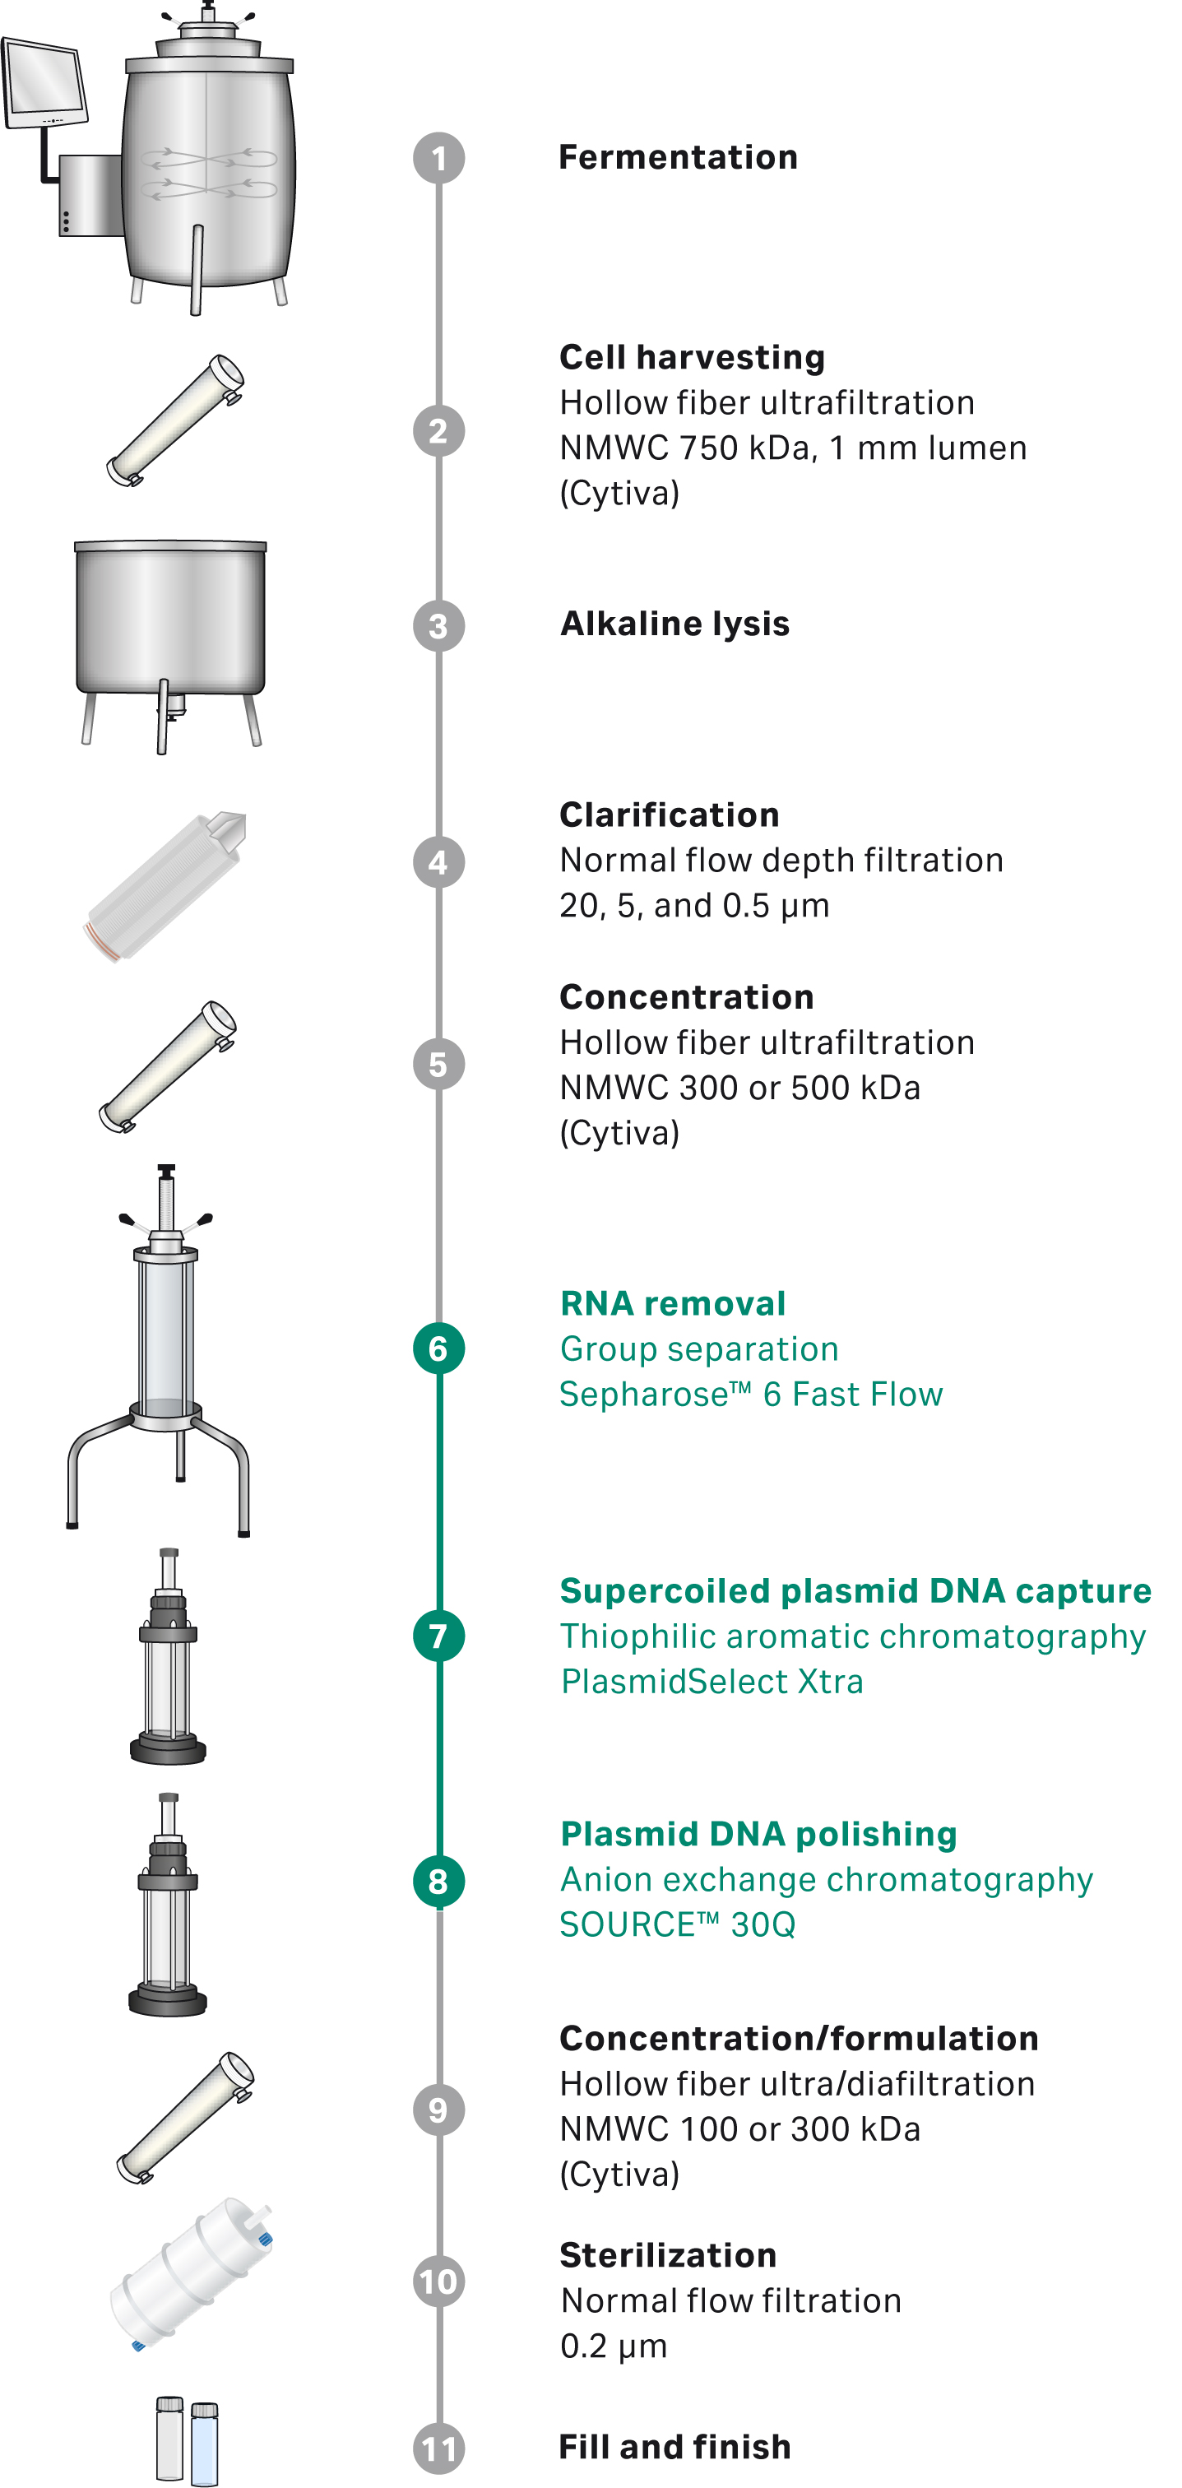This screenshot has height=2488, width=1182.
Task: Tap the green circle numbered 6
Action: [x=438, y=1348]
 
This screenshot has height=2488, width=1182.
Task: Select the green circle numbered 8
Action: [x=438, y=1881]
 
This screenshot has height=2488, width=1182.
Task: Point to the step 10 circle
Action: [x=438, y=2281]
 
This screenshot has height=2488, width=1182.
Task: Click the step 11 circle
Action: [x=438, y=2449]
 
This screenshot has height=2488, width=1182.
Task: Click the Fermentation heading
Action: [x=678, y=157]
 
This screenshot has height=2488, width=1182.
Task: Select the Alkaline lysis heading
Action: [x=675, y=624]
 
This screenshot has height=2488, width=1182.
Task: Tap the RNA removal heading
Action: [x=673, y=1304]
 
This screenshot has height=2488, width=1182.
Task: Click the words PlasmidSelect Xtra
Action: [x=712, y=1682]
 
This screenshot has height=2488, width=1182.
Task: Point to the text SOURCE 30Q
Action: [x=677, y=1925]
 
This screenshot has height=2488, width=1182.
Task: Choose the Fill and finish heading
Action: [x=675, y=2447]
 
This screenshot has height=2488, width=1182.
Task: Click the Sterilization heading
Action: [x=668, y=2255]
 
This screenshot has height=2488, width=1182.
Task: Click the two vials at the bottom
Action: [x=187, y=2439]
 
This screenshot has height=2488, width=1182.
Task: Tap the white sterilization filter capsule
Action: [x=191, y=2272]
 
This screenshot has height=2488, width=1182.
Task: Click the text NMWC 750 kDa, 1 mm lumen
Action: [x=793, y=448]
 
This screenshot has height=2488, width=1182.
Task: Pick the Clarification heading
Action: [x=670, y=815]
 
